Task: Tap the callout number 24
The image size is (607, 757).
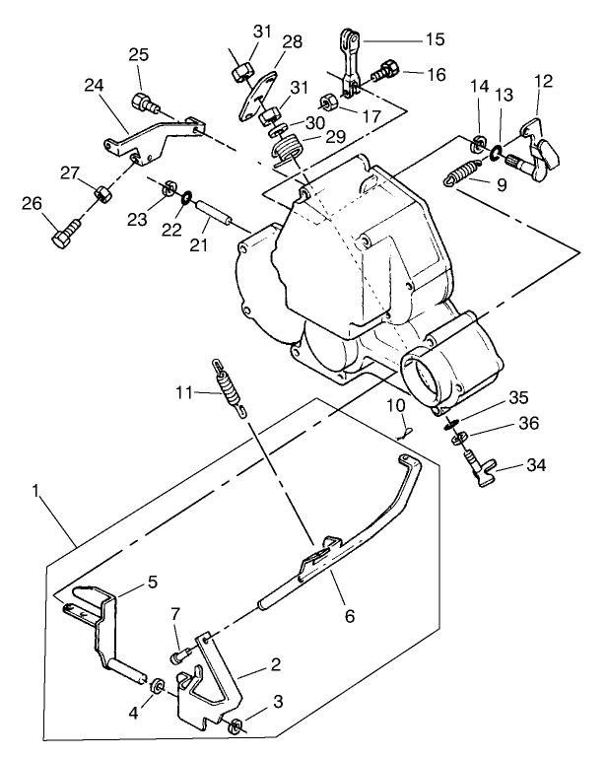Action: (95, 87)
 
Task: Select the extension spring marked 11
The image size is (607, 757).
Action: (227, 389)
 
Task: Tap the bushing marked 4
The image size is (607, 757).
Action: (155, 683)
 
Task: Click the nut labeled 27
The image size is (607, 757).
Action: (102, 191)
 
